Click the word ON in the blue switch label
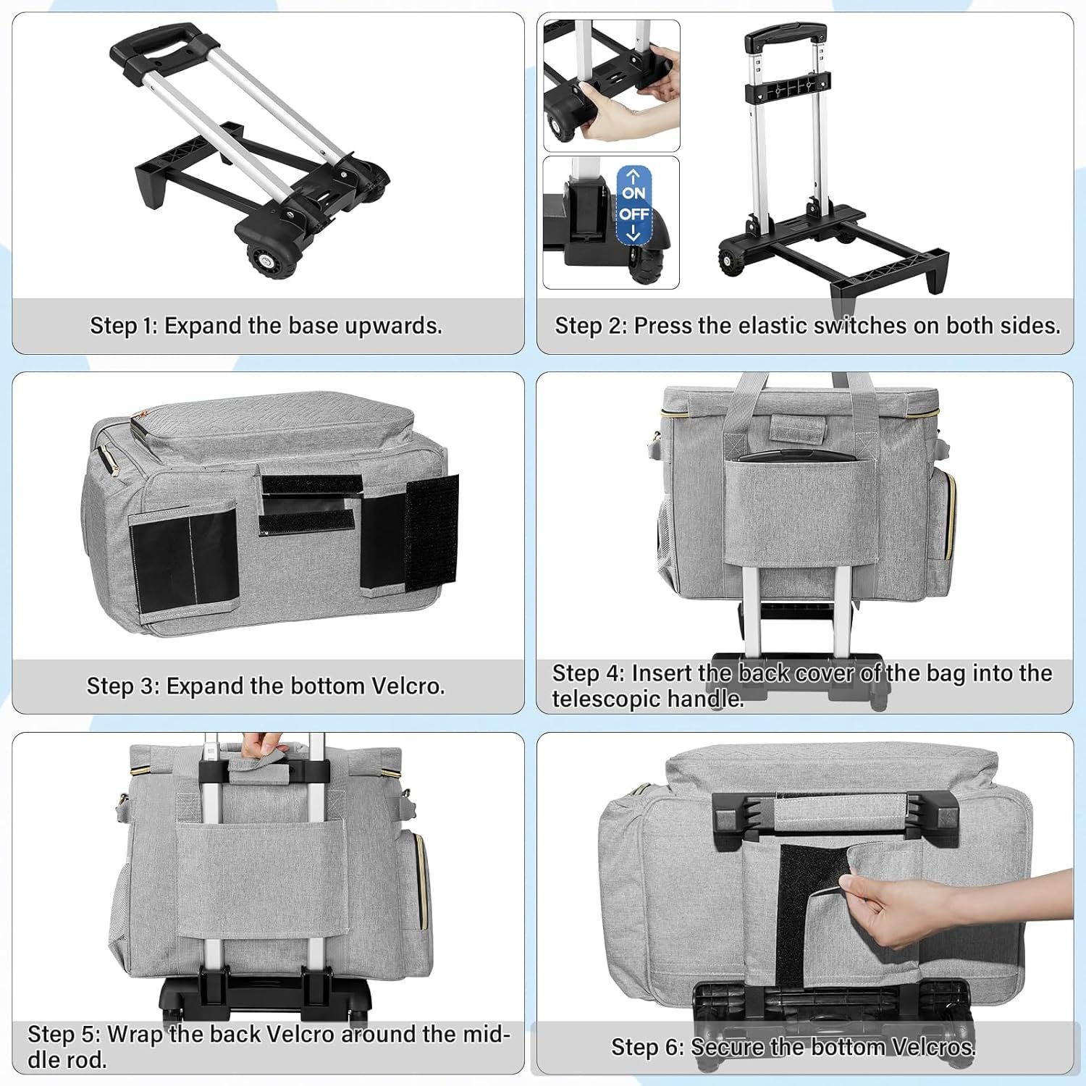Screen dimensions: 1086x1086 click(633, 193)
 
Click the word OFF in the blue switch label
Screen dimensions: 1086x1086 click(633, 214)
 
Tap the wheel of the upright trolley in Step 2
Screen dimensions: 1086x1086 click(731, 261)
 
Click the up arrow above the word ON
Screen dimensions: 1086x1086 click(633, 176)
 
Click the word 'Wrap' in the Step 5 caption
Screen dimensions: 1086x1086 click(134, 1034)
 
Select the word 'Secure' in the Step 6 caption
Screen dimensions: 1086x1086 click(727, 1047)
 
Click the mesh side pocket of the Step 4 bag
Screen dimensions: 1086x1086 click(666, 539)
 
